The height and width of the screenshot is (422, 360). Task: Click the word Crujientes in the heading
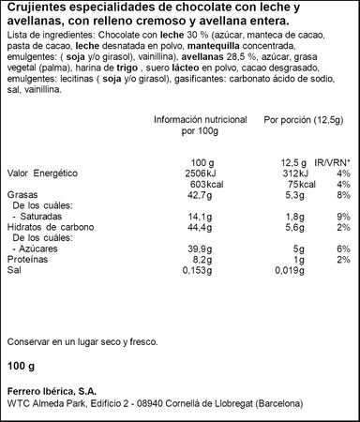click(28, 8)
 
